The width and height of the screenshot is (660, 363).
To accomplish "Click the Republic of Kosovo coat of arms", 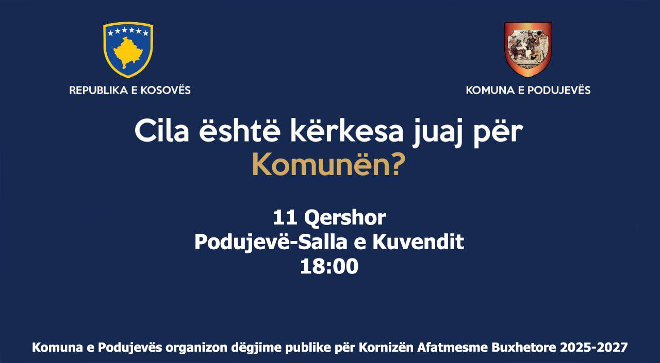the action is coord(128,49).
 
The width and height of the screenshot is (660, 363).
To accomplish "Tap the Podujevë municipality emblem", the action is coord(528,49).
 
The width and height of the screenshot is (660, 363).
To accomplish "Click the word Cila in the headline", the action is coord(161,130).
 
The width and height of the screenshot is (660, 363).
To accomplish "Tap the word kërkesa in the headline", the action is coord(345,130).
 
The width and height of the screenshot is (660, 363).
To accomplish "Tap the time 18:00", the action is coord(329,267).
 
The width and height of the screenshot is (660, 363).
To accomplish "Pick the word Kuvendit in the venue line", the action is coord(418,242).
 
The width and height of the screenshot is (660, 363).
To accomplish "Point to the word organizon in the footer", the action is coord(196,348).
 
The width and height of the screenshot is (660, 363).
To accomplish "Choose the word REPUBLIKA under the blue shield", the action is coord(97,90).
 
